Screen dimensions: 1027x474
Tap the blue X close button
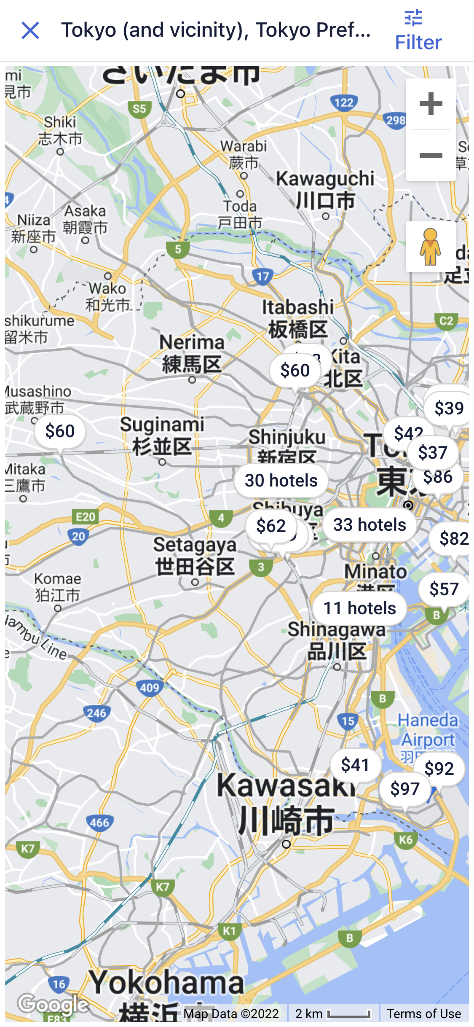[x=30, y=31]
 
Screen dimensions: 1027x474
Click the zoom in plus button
[x=431, y=104]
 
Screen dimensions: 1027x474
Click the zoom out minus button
[x=431, y=156]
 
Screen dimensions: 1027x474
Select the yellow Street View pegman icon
[x=430, y=247]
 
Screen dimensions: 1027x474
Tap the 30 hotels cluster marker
[x=281, y=481]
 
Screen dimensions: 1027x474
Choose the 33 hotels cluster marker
[x=370, y=525]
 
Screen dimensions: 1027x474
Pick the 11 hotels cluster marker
[x=359, y=608]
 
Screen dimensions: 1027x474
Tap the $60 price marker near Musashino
[x=60, y=431]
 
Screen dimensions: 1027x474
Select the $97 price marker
[x=404, y=789]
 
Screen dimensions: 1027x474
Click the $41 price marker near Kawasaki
[x=355, y=765]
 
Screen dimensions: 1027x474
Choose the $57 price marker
[x=443, y=589]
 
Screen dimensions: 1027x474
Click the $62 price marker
[x=270, y=526]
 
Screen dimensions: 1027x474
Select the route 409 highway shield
[x=150, y=688]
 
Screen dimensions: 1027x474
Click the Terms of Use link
[x=424, y=1014]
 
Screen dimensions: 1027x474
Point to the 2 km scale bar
[x=333, y=1014]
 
